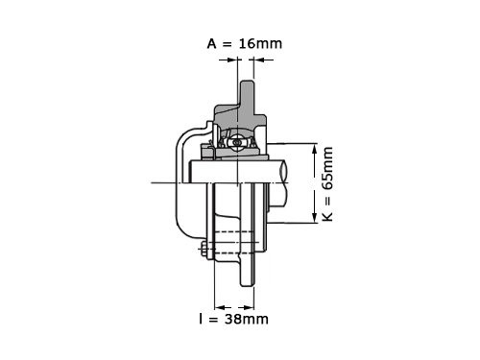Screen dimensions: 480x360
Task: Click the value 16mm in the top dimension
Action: click(x=260, y=43)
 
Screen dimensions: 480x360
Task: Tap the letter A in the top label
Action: click(x=212, y=44)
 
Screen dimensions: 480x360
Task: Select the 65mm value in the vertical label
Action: click(x=327, y=168)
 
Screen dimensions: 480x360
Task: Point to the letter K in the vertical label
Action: click(x=327, y=216)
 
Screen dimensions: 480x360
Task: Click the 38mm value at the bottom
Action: click(x=247, y=319)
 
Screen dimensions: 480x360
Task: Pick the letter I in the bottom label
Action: click(x=201, y=319)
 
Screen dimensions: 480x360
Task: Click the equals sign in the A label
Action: click(x=227, y=44)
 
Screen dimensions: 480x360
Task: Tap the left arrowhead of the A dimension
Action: click(x=232, y=60)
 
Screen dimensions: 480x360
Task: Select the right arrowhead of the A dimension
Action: click(x=259, y=60)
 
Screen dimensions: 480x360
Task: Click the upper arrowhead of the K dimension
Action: click(x=315, y=149)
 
